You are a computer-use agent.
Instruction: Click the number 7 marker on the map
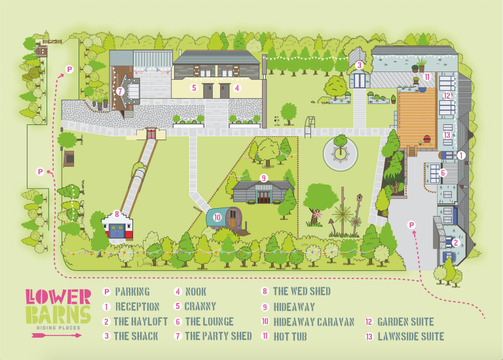tap(121, 92)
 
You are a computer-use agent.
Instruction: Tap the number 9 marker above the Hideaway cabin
tap(264, 177)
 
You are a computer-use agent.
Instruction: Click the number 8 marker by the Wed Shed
tap(117, 213)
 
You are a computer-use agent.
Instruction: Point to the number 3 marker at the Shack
tap(359, 65)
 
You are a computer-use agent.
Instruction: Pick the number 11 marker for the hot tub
tap(426, 77)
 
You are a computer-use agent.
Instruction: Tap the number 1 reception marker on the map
tap(461, 156)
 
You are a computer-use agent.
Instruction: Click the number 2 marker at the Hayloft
tap(455, 242)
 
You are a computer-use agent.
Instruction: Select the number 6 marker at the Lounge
tap(443, 173)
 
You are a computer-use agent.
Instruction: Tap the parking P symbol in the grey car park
tap(412, 225)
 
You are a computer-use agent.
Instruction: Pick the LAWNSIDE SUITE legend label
tap(411, 336)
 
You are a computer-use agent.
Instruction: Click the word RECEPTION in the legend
tap(137, 306)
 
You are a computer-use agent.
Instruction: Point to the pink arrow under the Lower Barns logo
tap(57, 335)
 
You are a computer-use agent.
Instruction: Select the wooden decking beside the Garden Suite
tap(417, 114)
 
